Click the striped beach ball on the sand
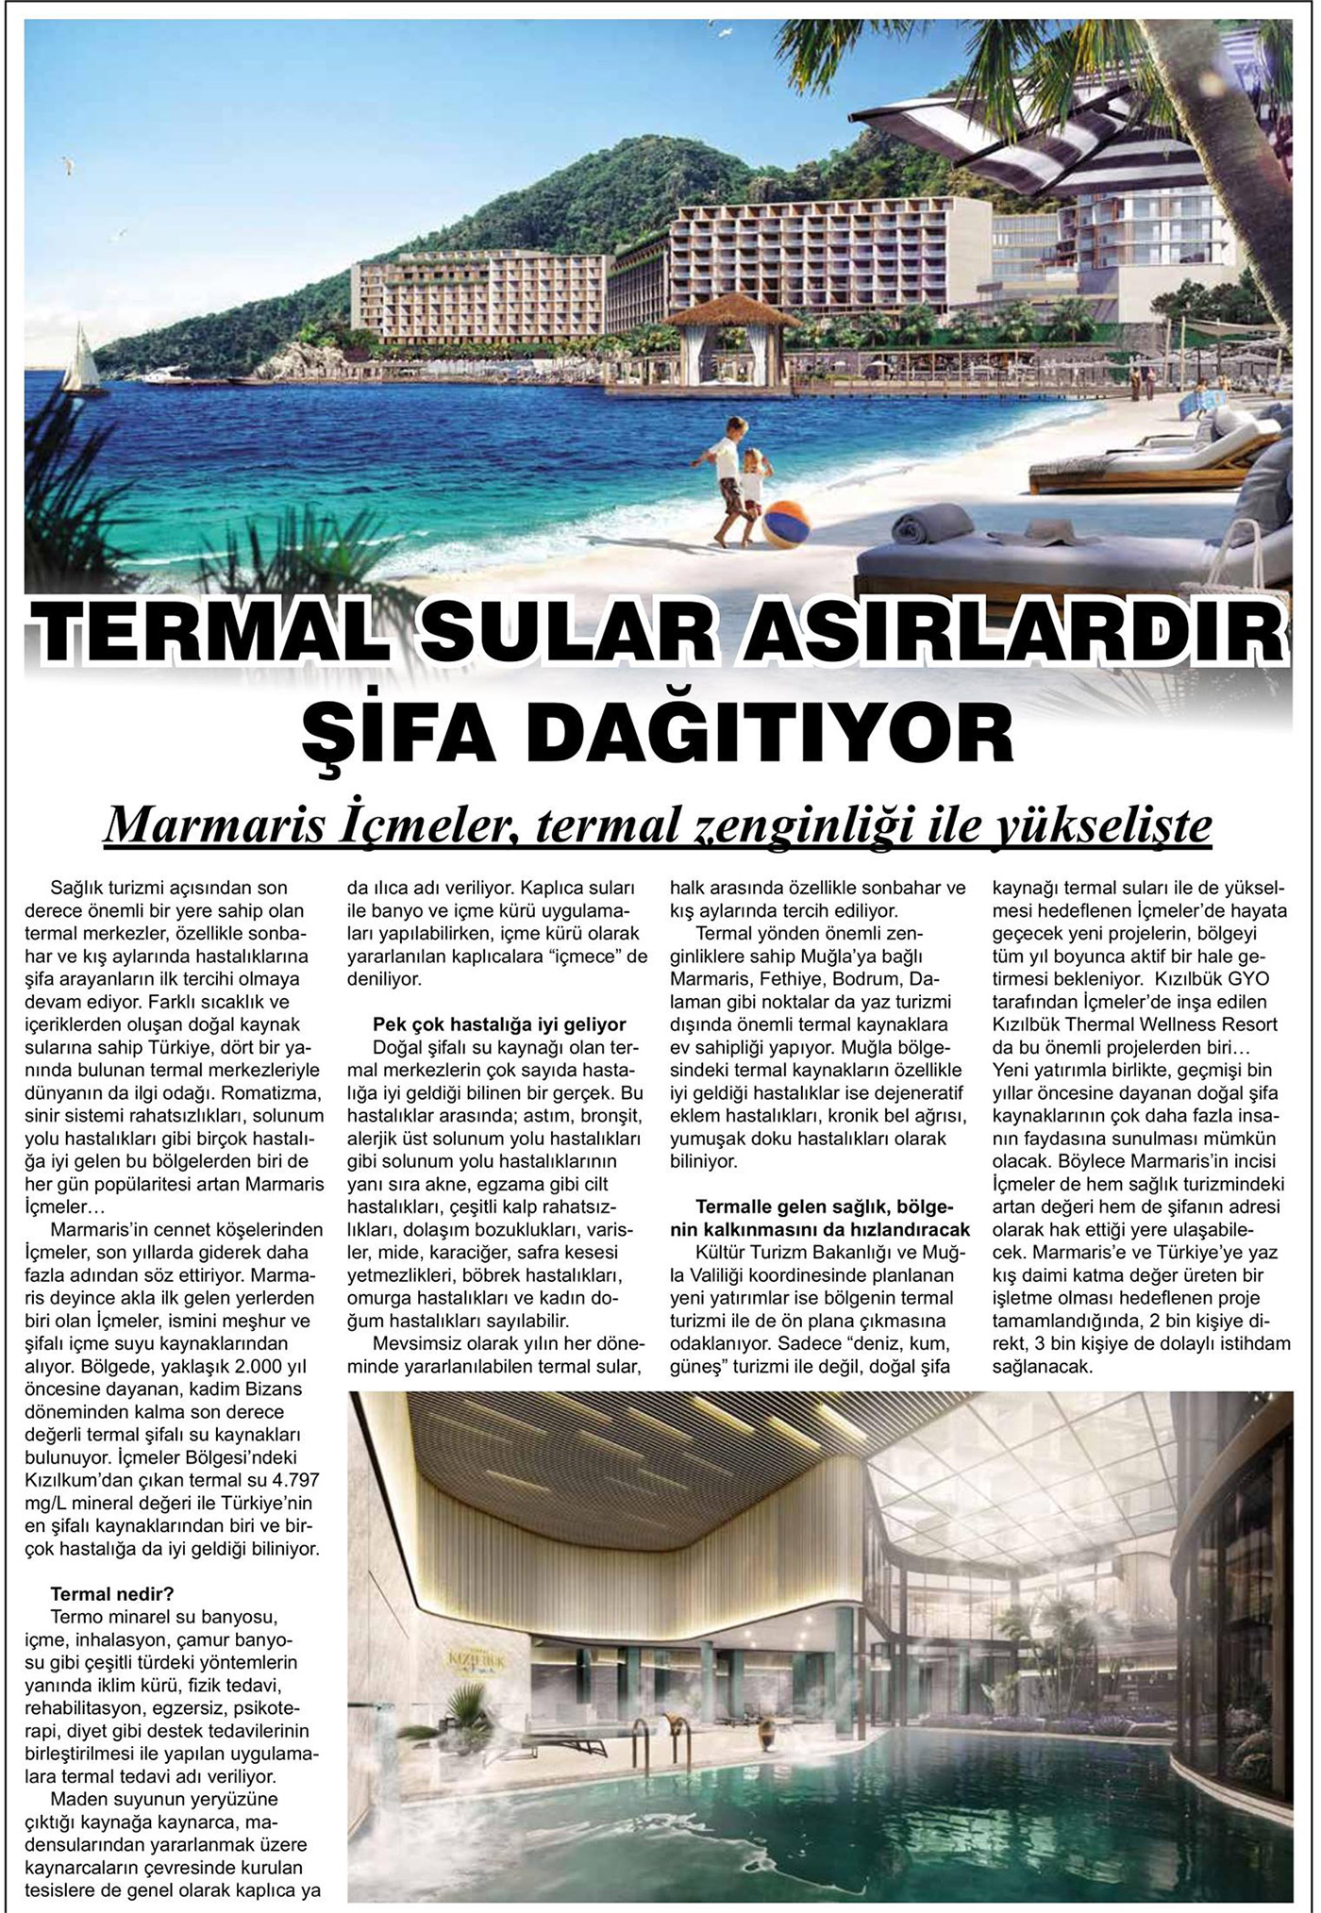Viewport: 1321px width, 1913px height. tap(786, 524)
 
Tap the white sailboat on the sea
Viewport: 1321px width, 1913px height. tap(81, 361)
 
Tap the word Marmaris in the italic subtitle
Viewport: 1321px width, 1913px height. tap(209, 826)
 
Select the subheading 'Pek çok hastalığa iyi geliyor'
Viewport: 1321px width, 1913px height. tap(499, 1024)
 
